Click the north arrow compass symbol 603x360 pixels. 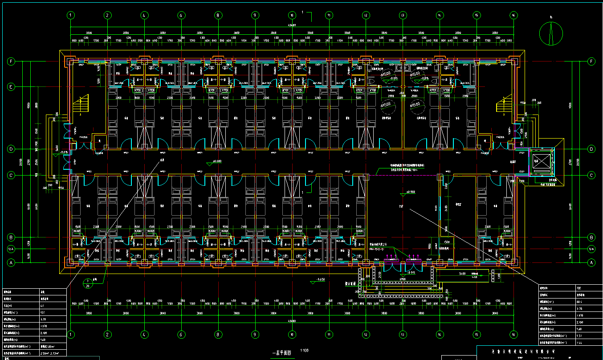pos(551,33)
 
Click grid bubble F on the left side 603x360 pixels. pos(11,61)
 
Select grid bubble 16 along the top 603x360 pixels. pos(513,15)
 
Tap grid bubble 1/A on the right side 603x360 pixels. pos(592,249)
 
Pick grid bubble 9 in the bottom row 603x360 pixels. pos(255,334)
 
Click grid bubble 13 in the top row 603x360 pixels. pos(403,15)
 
